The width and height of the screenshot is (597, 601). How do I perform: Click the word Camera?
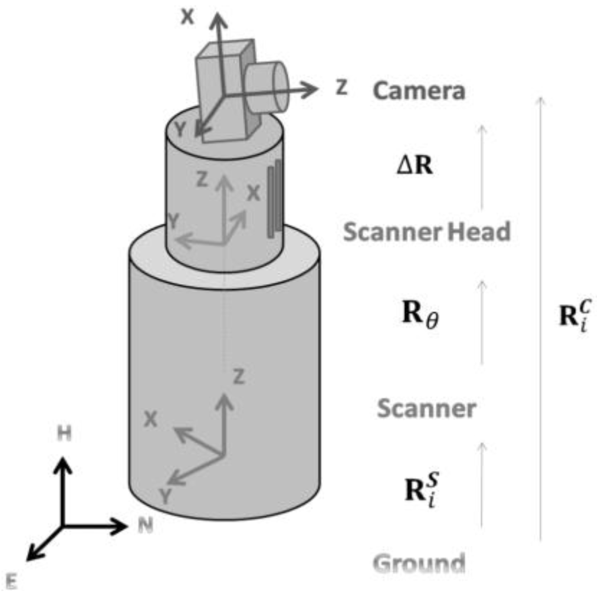tap(419, 91)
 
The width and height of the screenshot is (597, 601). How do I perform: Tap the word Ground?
tap(419, 564)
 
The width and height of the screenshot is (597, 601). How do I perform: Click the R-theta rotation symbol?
tap(420, 316)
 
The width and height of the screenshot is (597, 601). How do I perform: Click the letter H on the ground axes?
tap(64, 434)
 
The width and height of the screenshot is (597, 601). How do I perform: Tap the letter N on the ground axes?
tap(145, 526)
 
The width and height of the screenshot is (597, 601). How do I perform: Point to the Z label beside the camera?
tap(341, 87)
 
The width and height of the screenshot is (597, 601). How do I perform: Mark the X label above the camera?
tap(188, 17)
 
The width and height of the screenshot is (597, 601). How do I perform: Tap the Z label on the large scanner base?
tap(238, 378)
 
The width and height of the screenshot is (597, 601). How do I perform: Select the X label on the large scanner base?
tap(150, 420)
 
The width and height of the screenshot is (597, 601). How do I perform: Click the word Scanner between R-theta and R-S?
tap(426, 409)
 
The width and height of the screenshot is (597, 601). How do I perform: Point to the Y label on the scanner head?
tap(173, 221)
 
